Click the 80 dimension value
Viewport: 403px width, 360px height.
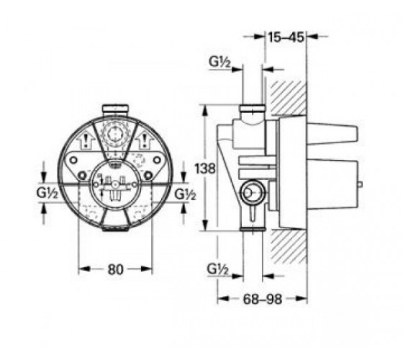tap(115, 269)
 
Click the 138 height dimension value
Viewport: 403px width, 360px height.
tap(205, 168)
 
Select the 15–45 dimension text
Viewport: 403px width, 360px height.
tap(286, 37)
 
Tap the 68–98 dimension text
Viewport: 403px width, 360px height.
tap(263, 299)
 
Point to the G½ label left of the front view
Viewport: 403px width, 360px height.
tap(47, 192)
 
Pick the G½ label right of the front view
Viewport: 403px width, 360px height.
tap(185, 194)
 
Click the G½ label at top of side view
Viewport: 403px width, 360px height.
tap(219, 62)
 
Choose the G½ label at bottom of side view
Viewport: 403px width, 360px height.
tap(218, 269)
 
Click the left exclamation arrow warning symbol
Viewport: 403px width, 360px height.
tap(86, 140)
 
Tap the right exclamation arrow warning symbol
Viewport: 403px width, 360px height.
tap(145, 140)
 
